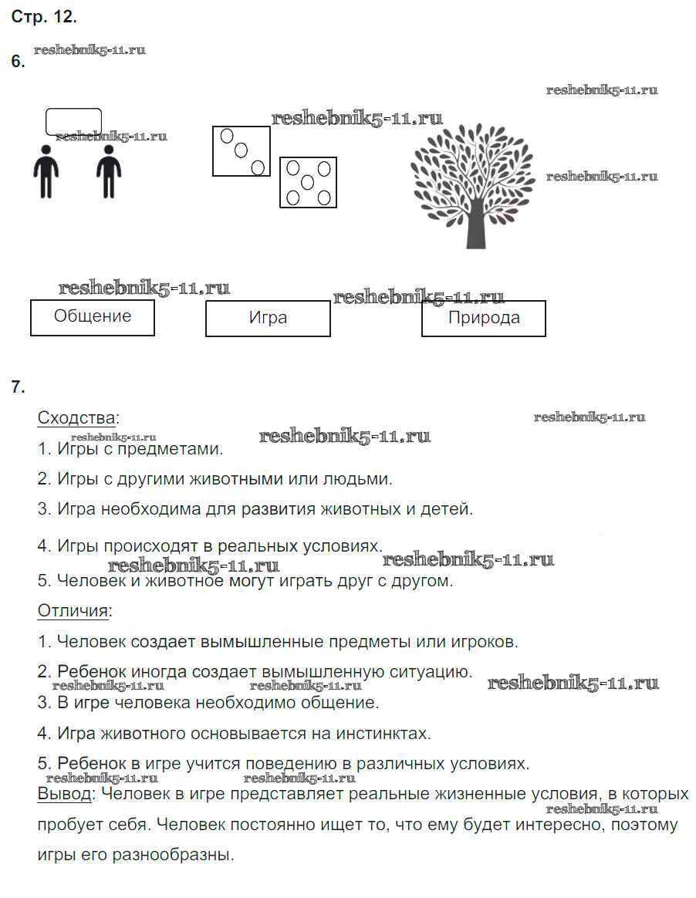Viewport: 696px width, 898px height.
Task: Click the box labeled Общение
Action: (93, 317)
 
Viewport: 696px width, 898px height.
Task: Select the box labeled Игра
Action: (268, 318)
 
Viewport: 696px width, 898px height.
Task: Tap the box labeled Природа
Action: (483, 318)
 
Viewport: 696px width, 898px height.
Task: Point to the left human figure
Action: (46, 171)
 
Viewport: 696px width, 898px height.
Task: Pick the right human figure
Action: (109, 171)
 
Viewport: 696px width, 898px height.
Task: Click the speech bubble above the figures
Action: (73, 122)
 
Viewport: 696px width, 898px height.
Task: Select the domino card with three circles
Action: (242, 151)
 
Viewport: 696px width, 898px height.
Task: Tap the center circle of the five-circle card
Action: (308, 183)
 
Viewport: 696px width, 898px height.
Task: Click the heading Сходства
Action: (77, 418)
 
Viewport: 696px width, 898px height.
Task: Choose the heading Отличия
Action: (74, 611)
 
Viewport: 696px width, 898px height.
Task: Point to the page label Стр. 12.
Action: (44, 16)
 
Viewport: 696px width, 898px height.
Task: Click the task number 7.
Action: (19, 387)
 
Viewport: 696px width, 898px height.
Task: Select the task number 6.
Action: (19, 62)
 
